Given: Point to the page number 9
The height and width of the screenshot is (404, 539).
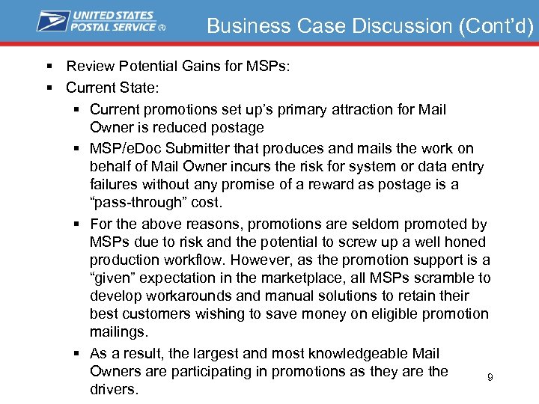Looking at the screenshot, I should [490, 378].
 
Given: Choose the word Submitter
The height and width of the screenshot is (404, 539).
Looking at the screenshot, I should [210, 148].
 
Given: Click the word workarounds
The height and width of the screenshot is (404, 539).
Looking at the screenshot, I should [182, 296].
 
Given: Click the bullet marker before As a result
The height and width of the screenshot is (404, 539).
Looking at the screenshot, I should [78, 353].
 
